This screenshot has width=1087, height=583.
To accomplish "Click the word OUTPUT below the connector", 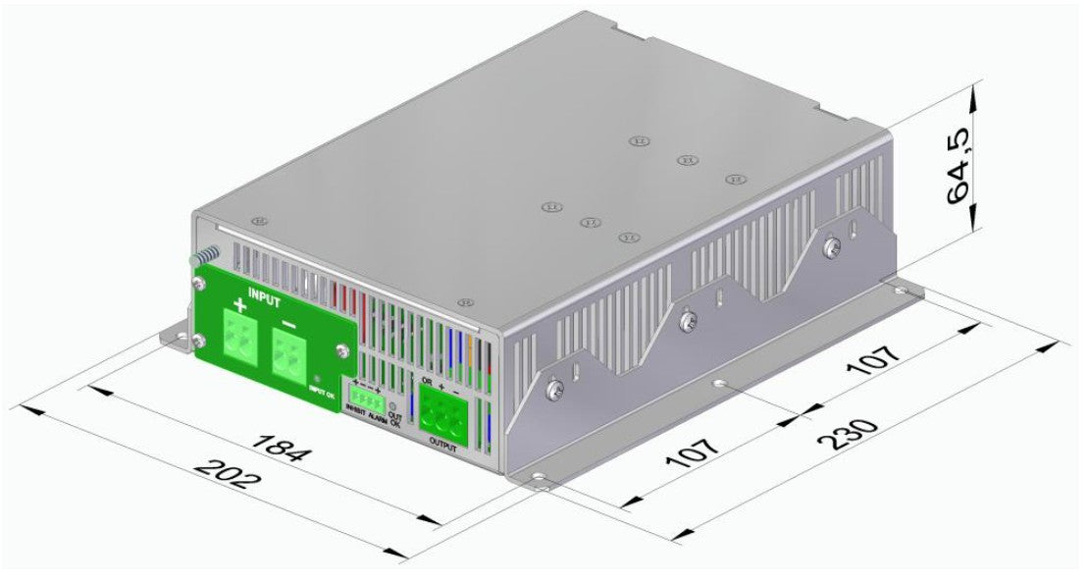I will coord(443,444).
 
